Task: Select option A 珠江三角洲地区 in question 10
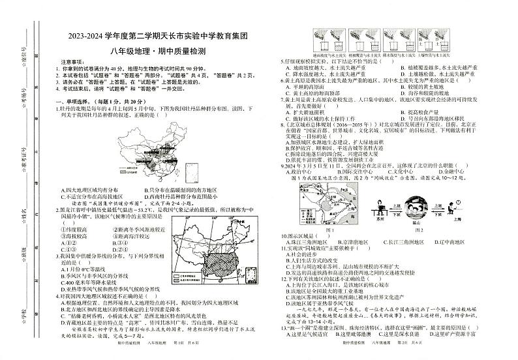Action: [x=311, y=242]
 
